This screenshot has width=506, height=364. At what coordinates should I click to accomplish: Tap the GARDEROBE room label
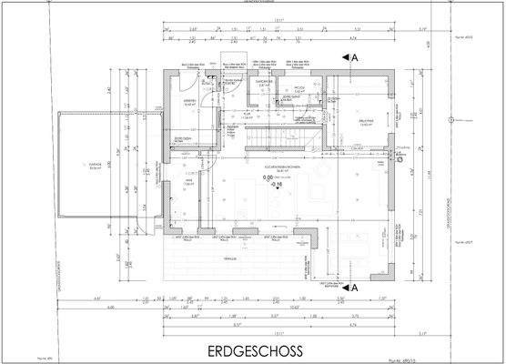[x=262, y=81]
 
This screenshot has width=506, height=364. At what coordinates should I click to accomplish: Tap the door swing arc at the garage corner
[x=146, y=211]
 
